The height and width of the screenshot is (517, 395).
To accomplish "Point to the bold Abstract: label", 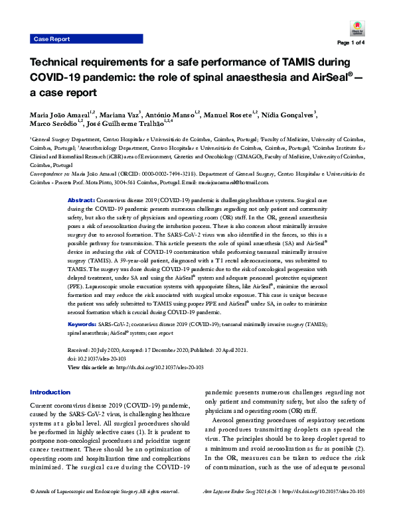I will click(x=82, y=200).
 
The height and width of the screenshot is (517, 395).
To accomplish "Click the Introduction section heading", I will click(x=50, y=392).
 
